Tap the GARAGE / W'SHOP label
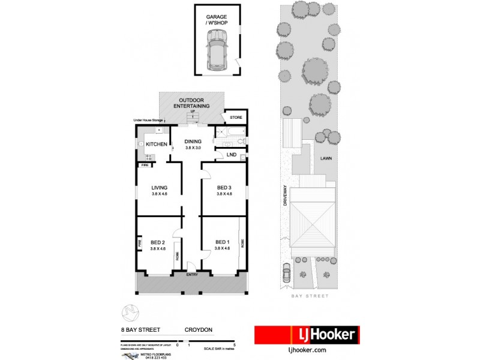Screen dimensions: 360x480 click(x=216, y=21)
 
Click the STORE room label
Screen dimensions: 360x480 click(x=236, y=118)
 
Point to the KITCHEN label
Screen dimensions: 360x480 click(x=157, y=144)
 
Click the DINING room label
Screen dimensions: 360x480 click(x=193, y=142)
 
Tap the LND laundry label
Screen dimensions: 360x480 click(x=231, y=155)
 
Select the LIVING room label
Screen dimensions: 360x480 click(x=158, y=187)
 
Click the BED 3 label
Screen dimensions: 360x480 click(x=223, y=187)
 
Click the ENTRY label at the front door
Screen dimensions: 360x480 click(x=192, y=274)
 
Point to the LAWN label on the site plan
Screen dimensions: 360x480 click(x=326, y=159)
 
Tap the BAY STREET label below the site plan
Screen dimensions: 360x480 click(x=310, y=296)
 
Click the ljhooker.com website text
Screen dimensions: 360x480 click(x=307, y=350)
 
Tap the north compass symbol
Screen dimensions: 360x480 click(x=130, y=312)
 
